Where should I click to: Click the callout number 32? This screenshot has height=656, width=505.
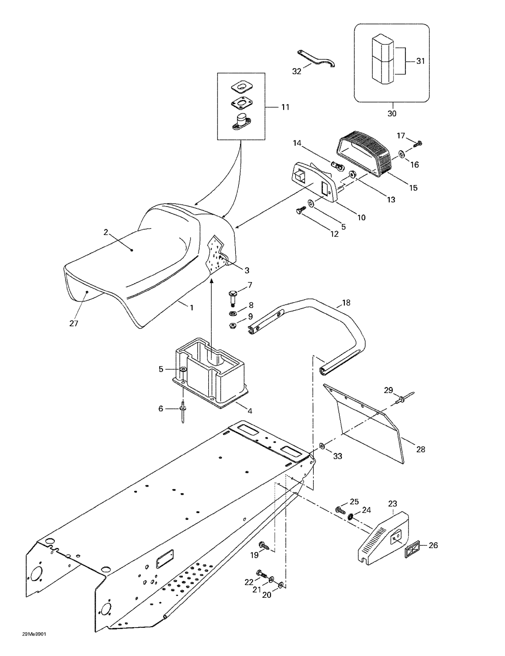coord(296,71)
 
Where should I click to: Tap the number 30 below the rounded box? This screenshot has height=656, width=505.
coord(392,114)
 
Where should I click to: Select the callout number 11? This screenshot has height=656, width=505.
coord(285,107)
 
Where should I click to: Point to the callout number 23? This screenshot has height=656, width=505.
coord(392,503)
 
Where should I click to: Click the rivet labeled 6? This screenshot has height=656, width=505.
coord(183,412)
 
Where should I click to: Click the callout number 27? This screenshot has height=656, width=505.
coord(74,323)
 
